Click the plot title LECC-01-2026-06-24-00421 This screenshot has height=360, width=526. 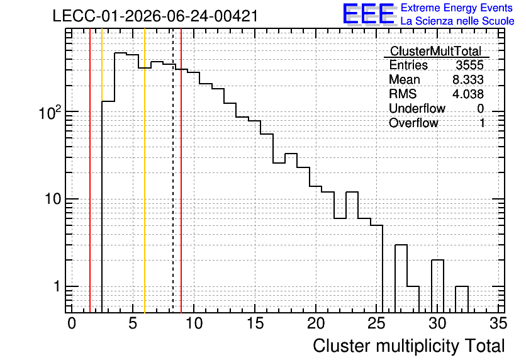point(155,16)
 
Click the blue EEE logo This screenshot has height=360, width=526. point(369,14)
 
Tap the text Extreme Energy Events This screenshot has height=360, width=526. point(457,8)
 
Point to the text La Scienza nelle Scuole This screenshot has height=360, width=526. point(457,21)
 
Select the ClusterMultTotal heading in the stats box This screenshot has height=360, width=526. point(436,51)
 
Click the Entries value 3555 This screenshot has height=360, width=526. point(469,65)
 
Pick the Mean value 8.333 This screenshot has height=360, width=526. point(468,79)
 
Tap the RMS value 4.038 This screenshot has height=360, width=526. point(468,94)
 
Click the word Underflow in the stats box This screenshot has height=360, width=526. point(417,108)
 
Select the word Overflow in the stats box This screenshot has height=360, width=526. point(413,123)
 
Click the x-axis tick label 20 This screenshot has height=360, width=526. point(316,323)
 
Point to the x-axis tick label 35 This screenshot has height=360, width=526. point(498,323)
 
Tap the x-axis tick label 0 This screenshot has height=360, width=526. point(72,323)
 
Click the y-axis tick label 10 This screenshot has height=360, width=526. point(53,199)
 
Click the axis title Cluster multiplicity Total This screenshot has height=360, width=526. point(409,346)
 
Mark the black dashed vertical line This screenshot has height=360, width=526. point(173,171)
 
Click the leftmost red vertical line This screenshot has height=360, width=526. point(90,171)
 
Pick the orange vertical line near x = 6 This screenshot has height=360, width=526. point(145,171)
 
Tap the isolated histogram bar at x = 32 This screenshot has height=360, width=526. point(462,300)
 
